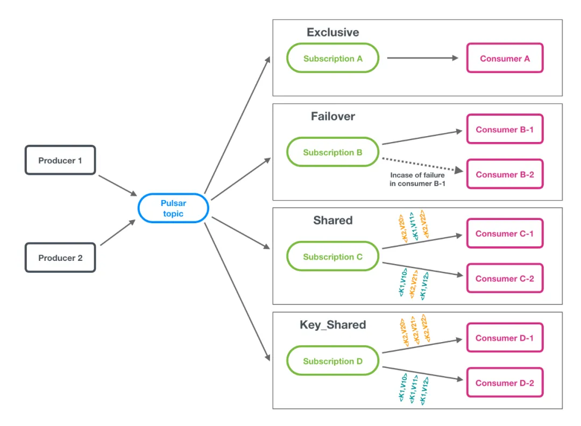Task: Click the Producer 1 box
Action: click(x=60, y=160)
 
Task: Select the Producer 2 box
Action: click(x=60, y=258)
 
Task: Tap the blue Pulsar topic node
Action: click(x=173, y=208)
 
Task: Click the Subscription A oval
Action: click(x=332, y=59)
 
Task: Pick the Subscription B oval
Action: click(x=332, y=153)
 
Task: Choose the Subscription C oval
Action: click(x=332, y=257)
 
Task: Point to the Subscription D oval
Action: click(x=332, y=361)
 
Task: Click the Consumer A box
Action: click(x=505, y=59)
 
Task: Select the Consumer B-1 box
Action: click(x=505, y=129)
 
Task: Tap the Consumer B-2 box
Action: click(x=505, y=174)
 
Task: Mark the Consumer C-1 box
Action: click(x=505, y=233)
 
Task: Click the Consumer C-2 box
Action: click(x=505, y=279)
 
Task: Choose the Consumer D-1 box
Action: click(x=505, y=338)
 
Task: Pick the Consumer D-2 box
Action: click(x=505, y=383)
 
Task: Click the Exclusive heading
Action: click(x=332, y=32)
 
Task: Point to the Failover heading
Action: click(x=332, y=116)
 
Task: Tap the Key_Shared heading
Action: click(x=332, y=325)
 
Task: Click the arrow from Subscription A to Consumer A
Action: click(x=423, y=59)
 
